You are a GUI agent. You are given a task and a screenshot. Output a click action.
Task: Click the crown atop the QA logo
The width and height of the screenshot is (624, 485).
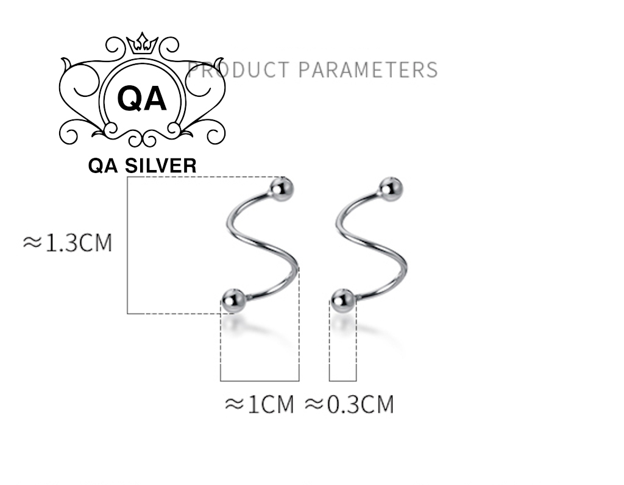click(x=142, y=43)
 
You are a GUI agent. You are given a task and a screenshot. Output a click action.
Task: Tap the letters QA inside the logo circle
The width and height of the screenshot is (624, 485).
click(x=142, y=98)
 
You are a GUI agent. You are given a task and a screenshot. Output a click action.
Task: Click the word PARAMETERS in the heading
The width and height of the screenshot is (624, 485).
click(x=367, y=69)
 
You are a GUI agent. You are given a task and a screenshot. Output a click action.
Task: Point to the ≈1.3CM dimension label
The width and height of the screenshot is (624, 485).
click(x=68, y=242)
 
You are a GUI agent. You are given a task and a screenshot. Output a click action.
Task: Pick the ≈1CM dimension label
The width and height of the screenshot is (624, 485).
click(x=260, y=403)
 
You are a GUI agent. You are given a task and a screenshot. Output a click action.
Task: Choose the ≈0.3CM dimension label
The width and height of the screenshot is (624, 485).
click(x=349, y=403)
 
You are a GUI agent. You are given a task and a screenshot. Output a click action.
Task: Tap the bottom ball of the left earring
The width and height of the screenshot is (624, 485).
click(x=233, y=300)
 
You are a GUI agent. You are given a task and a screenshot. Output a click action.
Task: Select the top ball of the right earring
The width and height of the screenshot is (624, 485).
click(x=389, y=188)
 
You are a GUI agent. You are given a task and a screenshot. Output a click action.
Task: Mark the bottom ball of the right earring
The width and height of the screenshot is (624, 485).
click(x=343, y=300)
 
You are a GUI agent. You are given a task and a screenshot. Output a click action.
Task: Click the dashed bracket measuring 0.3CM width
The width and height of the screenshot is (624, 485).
click(x=343, y=380)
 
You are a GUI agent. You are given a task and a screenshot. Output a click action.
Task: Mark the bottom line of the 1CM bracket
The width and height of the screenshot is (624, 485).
click(x=260, y=381)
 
